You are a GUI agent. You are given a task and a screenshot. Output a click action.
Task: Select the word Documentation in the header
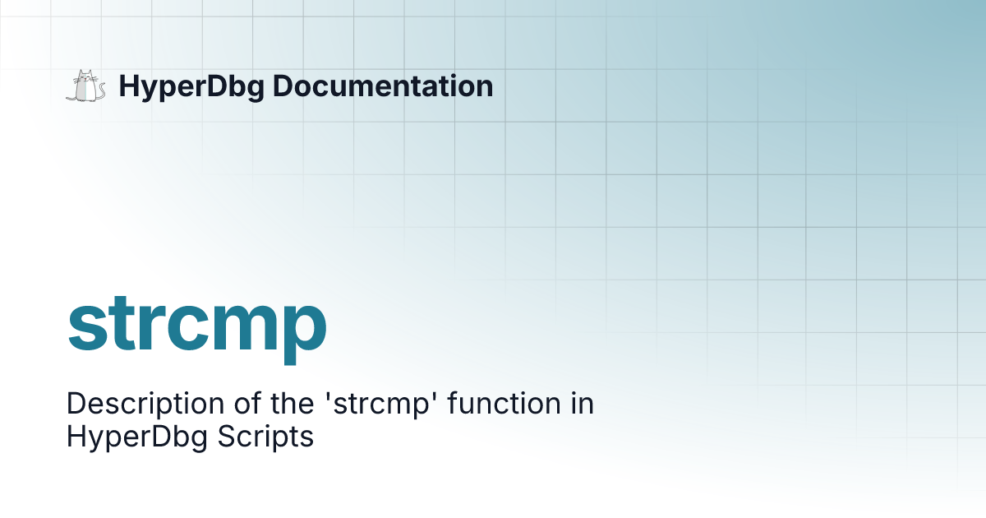383,86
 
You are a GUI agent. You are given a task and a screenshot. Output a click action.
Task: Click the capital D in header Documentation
282,86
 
